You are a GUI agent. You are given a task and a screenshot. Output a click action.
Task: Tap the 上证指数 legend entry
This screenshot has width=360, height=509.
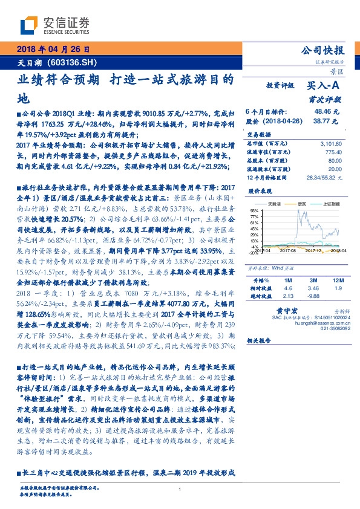pos(330,205)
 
